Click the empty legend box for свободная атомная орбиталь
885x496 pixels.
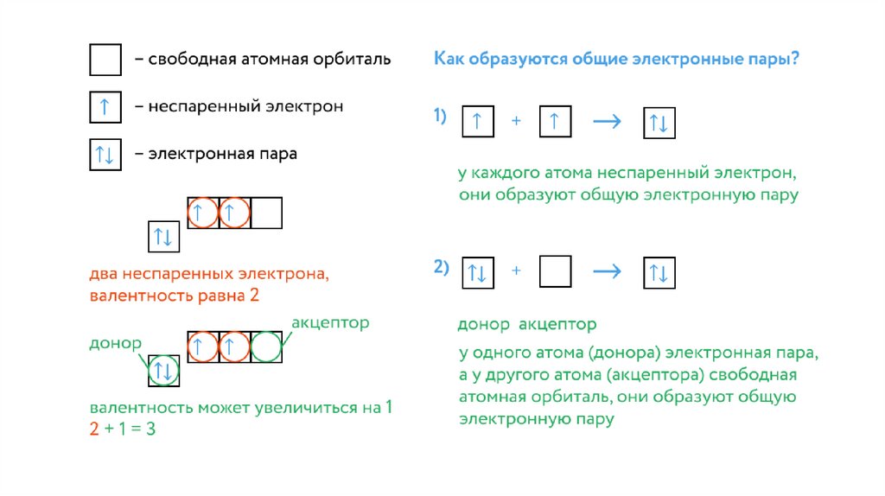[105, 60]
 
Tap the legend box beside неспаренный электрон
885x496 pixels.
[105, 107]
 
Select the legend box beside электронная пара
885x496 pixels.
[105, 155]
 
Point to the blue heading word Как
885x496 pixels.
[449, 60]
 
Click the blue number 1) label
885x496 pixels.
[440, 117]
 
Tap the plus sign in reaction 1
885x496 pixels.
[516, 122]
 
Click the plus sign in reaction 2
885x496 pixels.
[516, 271]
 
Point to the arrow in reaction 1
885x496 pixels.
[607, 122]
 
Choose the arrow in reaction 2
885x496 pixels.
[607, 271]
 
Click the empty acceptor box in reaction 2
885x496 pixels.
[555, 271]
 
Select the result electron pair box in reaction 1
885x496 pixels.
[659, 122]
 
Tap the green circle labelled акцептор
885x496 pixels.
[266, 347]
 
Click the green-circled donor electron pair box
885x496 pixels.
[164, 372]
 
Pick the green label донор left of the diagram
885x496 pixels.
[115, 343]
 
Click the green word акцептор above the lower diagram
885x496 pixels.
[330, 322]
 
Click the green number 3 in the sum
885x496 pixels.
[150, 429]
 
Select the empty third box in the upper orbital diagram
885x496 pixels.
[266, 213]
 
